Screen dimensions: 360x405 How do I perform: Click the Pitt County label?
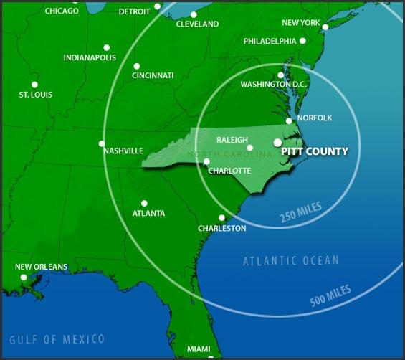pyautogui.click(x=315, y=151)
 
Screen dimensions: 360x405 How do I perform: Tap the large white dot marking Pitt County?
pyautogui.click(x=278, y=142)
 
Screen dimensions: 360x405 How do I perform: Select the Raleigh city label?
pyautogui.click(x=232, y=140)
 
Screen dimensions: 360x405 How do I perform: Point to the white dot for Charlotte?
pyautogui.click(x=206, y=161)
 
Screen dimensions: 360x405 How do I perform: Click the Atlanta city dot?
pyautogui.click(x=144, y=203)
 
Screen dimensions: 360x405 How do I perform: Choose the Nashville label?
pyautogui.click(x=123, y=151)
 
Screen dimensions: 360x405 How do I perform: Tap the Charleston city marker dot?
pyautogui.click(x=221, y=218)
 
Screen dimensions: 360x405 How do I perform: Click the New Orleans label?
pyautogui.click(x=41, y=267)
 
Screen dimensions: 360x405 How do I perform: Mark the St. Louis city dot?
pyautogui.click(x=34, y=85)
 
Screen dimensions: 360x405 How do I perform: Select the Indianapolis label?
pyautogui.click(x=90, y=57)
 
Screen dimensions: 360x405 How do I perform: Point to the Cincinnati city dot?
pyautogui.click(x=136, y=66)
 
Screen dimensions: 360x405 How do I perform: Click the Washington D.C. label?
pyautogui.click(x=274, y=85)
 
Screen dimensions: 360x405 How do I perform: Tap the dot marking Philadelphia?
pyautogui.click(x=302, y=41)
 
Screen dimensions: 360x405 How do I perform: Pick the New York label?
pyautogui.click(x=300, y=23)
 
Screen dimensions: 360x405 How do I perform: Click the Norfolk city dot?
pyautogui.click(x=289, y=121)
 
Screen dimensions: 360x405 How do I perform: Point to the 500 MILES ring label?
pyautogui.click(x=330, y=295)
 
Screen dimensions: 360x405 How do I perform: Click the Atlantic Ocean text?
pyautogui.click(x=290, y=261)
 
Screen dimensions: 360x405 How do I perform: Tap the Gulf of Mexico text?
pyautogui.click(x=57, y=339)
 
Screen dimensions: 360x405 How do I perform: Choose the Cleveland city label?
pyautogui.click(x=197, y=24)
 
